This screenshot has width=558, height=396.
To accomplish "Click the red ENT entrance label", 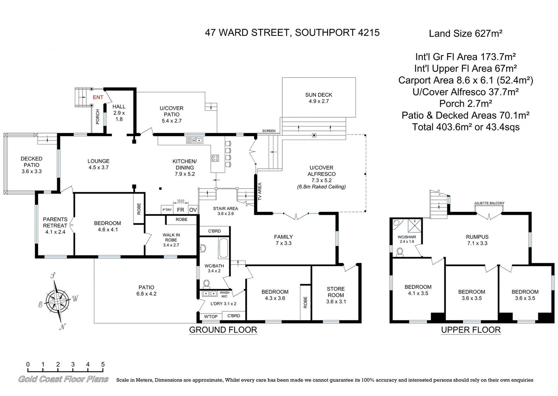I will click(x=98, y=97).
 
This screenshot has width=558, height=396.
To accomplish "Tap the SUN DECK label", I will click(x=319, y=95).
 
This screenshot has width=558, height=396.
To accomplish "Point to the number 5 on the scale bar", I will click(x=103, y=364).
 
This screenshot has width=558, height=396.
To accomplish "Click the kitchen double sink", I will click(x=194, y=140).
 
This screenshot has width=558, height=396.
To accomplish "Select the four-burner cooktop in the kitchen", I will click(x=215, y=158).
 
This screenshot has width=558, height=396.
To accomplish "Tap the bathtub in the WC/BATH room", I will click(x=224, y=248).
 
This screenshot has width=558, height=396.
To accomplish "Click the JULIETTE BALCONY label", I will click(x=489, y=203).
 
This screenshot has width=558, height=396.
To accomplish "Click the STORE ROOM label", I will click(x=336, y=292).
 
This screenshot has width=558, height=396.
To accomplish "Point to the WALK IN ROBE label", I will click(x=171, y=237).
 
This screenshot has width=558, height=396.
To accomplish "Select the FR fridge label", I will click(x=180, y=210).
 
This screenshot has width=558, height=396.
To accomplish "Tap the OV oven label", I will click(x=193, y=210).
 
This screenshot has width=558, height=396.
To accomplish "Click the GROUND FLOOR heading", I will click(x=223, y=330).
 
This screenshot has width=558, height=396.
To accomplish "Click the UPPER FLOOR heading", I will click(x=471, y=330).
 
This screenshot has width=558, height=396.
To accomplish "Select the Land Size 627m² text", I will click(x=465, y=33).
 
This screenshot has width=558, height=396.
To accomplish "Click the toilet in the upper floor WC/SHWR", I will click(x=400, y=252).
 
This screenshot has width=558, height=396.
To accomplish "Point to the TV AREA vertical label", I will click(x=260, y=191).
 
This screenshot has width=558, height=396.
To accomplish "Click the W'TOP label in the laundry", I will click(x=211, y=316).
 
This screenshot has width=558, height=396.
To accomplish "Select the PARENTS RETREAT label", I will click(x=55, y=222).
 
